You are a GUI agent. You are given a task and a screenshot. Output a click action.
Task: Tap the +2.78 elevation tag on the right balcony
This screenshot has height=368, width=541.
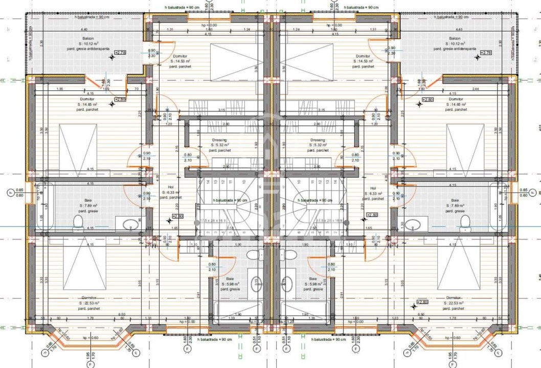[486, 53]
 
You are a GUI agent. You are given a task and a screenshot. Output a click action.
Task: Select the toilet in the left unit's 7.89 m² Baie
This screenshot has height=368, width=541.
[78, 221]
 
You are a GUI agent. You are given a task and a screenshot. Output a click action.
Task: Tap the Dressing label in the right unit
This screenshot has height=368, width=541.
[318, 140]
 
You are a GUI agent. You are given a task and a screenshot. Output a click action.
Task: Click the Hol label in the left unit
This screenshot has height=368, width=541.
[171, 188]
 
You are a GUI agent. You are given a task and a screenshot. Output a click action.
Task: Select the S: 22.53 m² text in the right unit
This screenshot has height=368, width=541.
[454, 303]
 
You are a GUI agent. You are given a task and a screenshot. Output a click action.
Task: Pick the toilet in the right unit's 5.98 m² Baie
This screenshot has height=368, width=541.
[290, 255]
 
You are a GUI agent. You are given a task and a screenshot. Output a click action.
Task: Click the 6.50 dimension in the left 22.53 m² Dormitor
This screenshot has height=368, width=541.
[122, 314]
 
